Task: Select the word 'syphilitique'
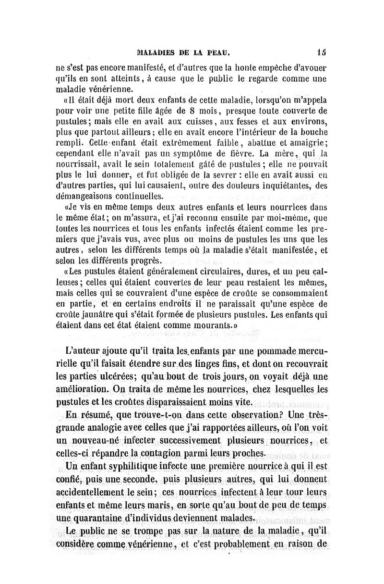tap(144, 466)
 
